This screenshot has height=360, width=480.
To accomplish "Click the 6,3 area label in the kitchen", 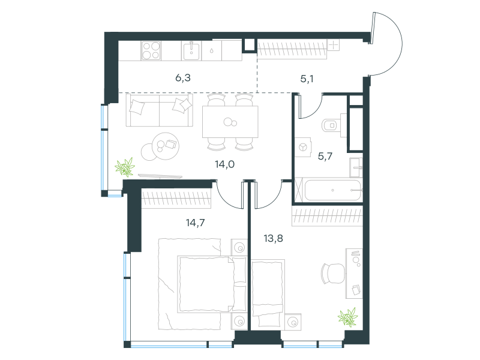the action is click(183, 78).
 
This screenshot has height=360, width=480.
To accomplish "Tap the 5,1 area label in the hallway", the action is click(307, 79).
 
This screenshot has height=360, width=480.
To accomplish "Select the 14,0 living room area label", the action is click(224, 164).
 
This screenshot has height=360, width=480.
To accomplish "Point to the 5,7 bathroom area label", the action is click(325, 157).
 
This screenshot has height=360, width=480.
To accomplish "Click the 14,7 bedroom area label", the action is click(196, 223).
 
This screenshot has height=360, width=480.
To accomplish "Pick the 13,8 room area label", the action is click(274, 238).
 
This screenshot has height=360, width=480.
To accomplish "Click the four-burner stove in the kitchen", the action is click(151, 50).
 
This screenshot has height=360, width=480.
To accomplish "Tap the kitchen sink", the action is click(191, 51).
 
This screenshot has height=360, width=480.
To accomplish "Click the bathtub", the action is click(333, 190).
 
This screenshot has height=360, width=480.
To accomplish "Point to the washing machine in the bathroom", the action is click(303, 147).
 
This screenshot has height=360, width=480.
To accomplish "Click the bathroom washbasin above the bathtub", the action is click(356, 167).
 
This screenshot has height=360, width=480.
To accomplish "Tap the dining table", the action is click(230, 122).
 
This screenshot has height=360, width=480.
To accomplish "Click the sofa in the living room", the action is click(160, 110).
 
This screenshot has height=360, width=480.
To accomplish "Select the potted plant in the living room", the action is click(125, 167).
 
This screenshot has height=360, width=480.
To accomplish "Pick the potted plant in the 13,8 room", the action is click(348, 317).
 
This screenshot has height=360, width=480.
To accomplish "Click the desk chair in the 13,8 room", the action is click(332, 274).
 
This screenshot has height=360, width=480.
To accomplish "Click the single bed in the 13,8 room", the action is click(268, 295).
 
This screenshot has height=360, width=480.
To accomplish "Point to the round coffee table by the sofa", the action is click(166, 146).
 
